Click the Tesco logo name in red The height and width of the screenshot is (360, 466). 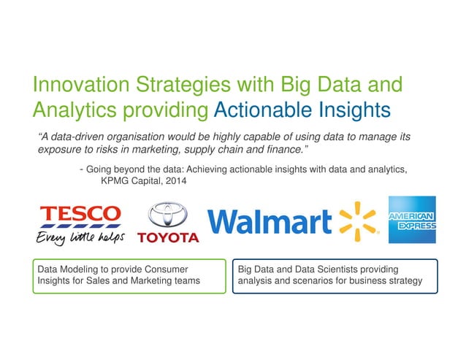tap(81, 214)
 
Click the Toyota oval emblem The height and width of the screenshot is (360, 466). tap(169, 215)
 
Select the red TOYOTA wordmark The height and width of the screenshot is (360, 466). tap(169, 238)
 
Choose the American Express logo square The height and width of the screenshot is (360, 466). tap(412, 220)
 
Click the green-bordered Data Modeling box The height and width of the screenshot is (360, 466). tap(129, 276)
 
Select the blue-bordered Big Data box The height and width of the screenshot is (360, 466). tap(335, 276)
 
